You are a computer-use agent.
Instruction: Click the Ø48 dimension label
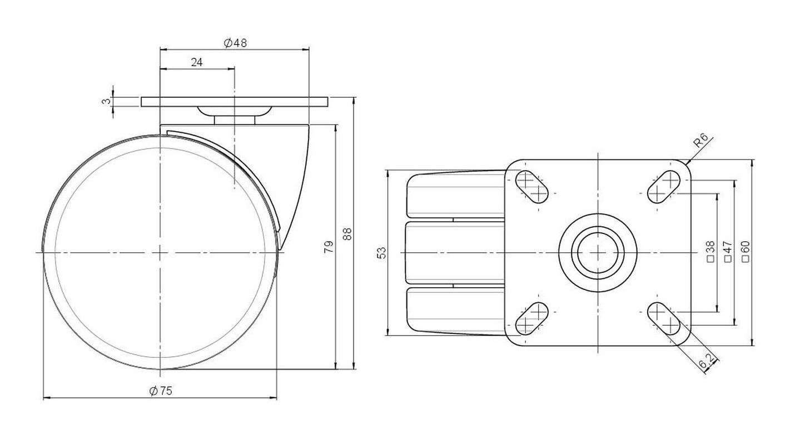pos(235,43)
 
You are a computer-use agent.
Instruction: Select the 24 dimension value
pos(197,62)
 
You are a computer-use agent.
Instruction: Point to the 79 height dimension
pos(329,247)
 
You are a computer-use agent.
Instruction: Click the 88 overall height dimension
pos(347,234)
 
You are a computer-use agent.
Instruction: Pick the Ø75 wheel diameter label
pos(161,391)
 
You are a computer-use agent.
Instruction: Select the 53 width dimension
pos(382,253)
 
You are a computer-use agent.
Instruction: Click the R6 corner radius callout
pos(700,140)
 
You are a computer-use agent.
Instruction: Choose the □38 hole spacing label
pos(711,251)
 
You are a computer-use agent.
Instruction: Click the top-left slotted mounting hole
pos(532,187)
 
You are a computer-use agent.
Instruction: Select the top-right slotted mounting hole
pos(663,187)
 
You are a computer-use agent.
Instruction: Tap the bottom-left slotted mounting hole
pos(532,318)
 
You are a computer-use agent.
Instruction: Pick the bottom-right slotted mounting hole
pos(663,318)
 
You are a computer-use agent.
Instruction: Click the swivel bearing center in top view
pos(598,253)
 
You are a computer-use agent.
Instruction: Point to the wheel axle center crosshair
pos(160,253)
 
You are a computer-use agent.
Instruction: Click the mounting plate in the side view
pos(235,102)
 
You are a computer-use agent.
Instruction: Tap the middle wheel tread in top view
pos(455,253)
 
